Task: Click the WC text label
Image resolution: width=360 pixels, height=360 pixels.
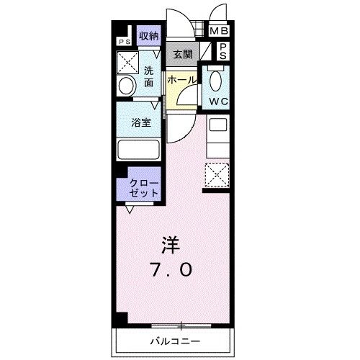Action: point(218,102)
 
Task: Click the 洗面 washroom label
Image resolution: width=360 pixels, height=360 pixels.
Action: point(148,76)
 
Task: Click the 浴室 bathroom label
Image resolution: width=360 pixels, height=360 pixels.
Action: point(140,123)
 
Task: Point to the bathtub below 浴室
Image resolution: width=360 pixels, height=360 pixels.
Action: point(140,150)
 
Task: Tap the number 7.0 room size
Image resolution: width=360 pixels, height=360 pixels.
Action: point(172,270)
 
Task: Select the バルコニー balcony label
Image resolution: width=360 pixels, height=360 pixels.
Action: point(175,340)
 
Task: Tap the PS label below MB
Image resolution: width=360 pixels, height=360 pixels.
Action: point(224,51)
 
